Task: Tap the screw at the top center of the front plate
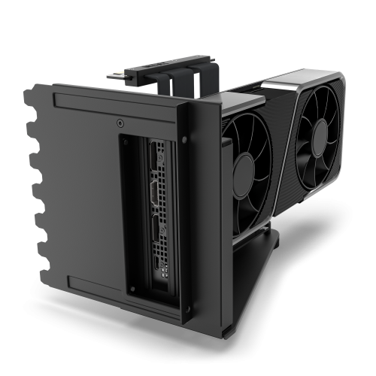(x=121, y=122)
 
